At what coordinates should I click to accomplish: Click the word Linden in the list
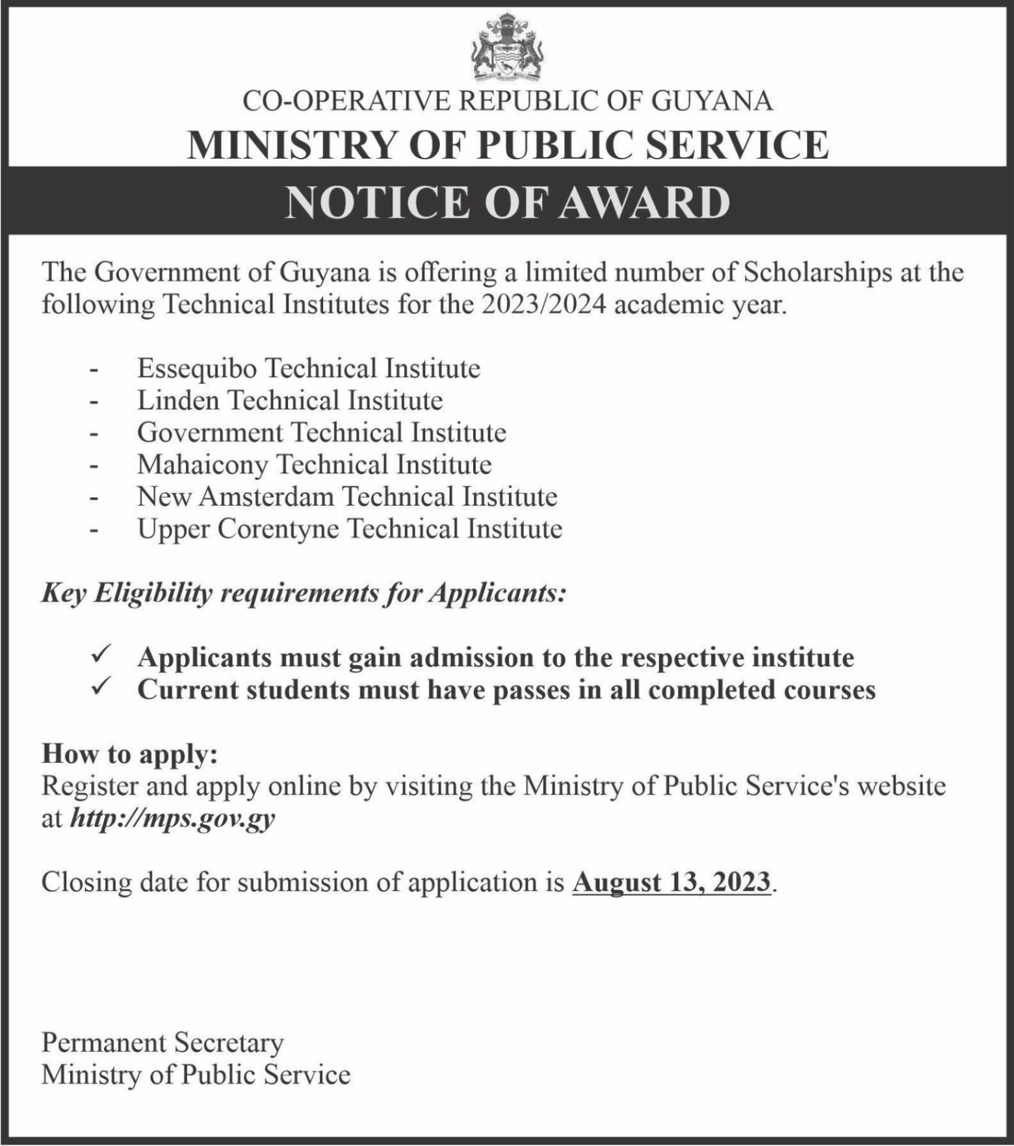tap(177, 400)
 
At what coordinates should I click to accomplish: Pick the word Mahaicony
tap(202, 465)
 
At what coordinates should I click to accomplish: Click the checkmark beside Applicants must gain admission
tap(101, 653)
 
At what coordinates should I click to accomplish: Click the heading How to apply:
tap(129, 754)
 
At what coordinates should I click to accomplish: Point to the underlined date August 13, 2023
tap(671, 883)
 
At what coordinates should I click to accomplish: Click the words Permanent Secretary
tap(162, 1043)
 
